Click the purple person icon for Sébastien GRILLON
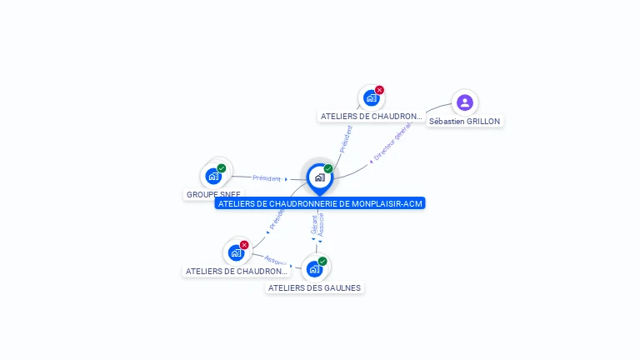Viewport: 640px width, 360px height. click(x=465, y=102)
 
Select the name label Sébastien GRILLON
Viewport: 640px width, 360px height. click(x=464, y=121)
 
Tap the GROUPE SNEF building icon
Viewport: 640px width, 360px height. click(x=213, y=176)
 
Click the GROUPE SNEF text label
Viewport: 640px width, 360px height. click(x=213, y=194)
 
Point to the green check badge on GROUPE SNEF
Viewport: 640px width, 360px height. click(x=222, y=168)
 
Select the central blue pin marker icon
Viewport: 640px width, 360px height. click(x=319, y=177)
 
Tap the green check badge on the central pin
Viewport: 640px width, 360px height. click(x=328, y=169)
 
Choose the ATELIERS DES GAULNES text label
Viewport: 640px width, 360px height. click(x=314, y=287)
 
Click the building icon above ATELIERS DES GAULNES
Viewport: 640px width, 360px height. click(x=314, y=268)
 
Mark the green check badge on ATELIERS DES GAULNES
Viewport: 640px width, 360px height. click(x=322, y=261)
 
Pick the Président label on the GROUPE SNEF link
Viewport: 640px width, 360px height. click(x=267, y=178)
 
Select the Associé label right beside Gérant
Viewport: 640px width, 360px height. click(x=321, y=222)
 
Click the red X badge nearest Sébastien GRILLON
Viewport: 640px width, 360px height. click(x=379, y=90)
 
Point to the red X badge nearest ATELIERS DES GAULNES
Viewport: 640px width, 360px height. click(x=244, y=245)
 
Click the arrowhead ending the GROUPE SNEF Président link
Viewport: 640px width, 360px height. click(x=286, y=179)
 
